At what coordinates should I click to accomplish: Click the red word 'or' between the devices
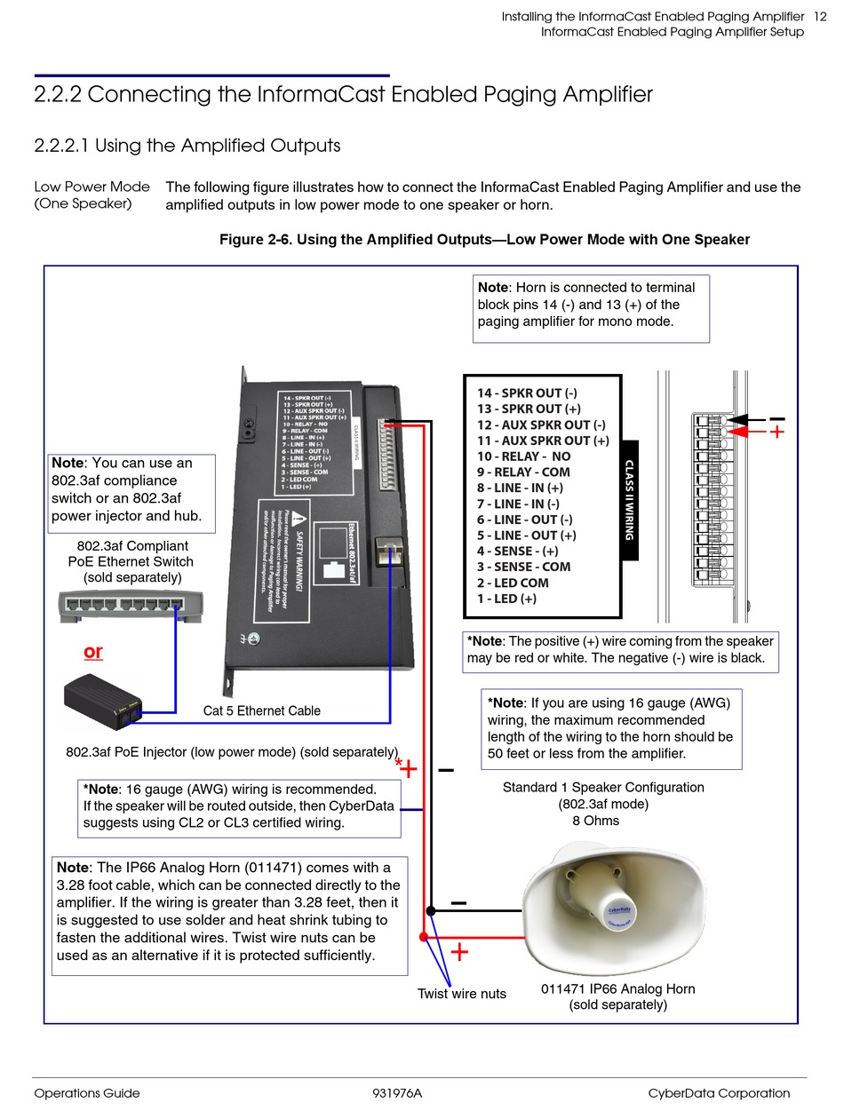92,651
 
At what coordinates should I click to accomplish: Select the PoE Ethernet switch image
123,606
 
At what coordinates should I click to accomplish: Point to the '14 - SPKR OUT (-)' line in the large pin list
527,393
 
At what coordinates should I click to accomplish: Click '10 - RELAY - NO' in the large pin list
523,456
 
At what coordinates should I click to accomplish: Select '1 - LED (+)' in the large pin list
506,599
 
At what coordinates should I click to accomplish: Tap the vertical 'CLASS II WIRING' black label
629,500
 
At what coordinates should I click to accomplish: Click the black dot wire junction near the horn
431,910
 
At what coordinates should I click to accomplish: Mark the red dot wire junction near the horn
424,936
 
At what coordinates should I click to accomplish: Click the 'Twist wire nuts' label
461,994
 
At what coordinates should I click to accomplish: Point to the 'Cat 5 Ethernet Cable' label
261,710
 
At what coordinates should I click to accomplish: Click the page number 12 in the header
821,16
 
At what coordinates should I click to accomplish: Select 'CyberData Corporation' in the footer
718,1093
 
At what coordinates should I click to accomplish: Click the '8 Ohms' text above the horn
595,821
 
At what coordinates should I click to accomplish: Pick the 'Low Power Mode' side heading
86,186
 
